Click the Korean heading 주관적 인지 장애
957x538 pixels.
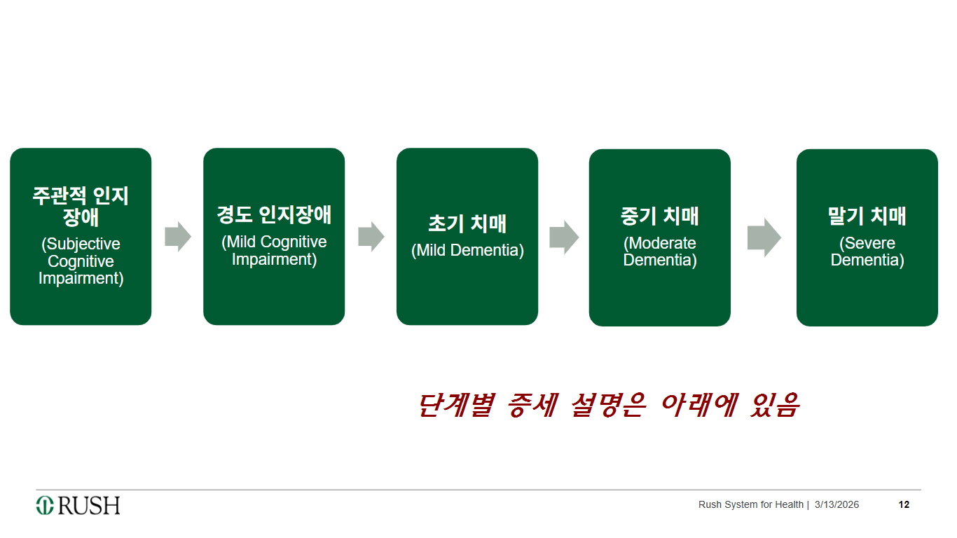point(81,207)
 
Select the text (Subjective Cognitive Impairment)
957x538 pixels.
point(81,261)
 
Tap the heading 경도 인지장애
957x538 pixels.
point(274,214)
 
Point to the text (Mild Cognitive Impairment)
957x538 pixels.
point(274,250)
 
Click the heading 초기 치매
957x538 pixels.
point(467,223)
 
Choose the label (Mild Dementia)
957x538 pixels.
point(467,250)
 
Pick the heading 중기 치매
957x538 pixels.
point(660,216)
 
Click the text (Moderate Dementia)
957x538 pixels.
point(660,251)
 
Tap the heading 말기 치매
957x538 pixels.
point(867,216)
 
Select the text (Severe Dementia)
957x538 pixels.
point(867,251)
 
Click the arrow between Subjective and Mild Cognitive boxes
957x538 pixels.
point(178,237)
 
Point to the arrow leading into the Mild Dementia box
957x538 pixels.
point(371,237)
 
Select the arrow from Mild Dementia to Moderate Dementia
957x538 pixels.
point(564,237)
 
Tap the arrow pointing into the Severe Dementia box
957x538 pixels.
point(764,237)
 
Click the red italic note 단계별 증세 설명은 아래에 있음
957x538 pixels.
point(608,405)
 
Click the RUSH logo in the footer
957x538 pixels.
point(78,505)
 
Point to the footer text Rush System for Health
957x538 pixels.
point(750,504)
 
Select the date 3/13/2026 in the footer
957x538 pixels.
point(836,504)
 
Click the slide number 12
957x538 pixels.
point(904,504)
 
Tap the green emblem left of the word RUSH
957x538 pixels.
point(45,505)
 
